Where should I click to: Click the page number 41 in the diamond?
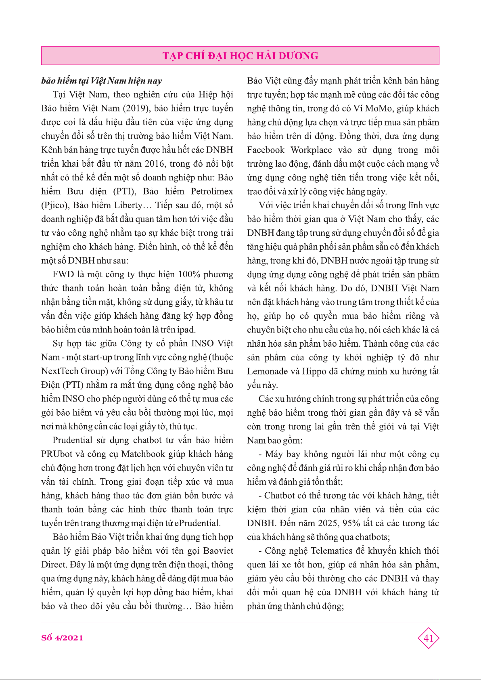[428, 638]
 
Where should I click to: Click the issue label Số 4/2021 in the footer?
[62, 638]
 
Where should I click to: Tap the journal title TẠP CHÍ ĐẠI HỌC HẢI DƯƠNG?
[240, 56]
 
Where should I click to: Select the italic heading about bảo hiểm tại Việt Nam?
[102, 81]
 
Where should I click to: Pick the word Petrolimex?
[212, 191]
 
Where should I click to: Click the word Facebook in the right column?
[266, 150]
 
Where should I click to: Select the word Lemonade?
[268, 371]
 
